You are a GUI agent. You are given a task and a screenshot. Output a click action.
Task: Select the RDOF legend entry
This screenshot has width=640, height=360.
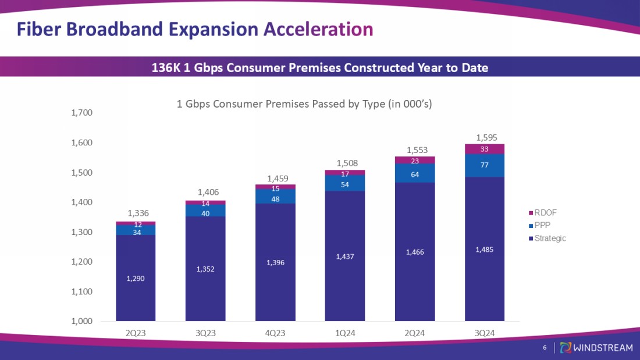[x=545, y=213]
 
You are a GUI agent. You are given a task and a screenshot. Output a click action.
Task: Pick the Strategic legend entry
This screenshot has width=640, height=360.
[x=550, y=238]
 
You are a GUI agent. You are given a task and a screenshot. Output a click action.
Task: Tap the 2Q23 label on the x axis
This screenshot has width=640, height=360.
[x=136, y=333]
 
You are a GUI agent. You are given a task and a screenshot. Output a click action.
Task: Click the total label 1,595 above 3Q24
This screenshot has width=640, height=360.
[x=485, y=138]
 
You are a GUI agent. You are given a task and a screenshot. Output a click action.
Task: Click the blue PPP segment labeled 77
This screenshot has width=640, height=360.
[x=485, y=165]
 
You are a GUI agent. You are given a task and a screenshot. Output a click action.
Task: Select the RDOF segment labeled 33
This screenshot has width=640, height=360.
[x=485, y=149]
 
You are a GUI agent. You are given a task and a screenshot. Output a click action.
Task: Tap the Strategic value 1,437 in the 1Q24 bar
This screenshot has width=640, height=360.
[x=345, y=256]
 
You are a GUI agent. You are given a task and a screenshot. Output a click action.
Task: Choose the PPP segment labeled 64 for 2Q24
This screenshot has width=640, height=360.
[x=415, y=173]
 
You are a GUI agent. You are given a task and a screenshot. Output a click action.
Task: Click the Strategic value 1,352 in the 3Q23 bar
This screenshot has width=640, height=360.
[x=205, y=269]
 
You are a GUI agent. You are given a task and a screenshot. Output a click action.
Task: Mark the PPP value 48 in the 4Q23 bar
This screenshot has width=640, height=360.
[x=275, y=199]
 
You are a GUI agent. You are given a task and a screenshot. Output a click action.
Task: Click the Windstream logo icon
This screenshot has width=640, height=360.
[x=565, y=347]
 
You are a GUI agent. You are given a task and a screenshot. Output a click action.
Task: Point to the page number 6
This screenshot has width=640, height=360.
[x=545, y=348]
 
